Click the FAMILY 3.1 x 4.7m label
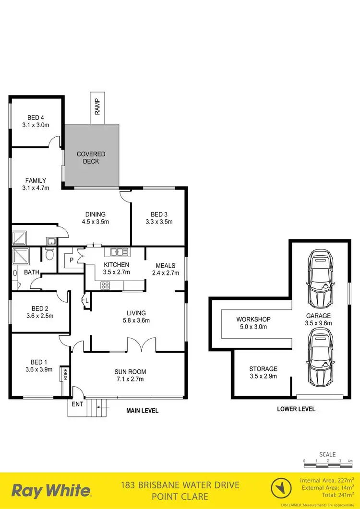tap(37, 184)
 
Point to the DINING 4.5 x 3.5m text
tap(95, 218)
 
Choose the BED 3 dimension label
tap(158, 218)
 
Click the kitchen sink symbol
tap(119, 252)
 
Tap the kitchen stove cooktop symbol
tap(105, 285)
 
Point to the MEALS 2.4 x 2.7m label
tap(165, 269)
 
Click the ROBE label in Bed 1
tap(64, 374)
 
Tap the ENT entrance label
tap(77, 404)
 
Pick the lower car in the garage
tap(321, 355)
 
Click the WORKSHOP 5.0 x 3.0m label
tap(253, 323)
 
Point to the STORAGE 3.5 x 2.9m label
tap(263, 373)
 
